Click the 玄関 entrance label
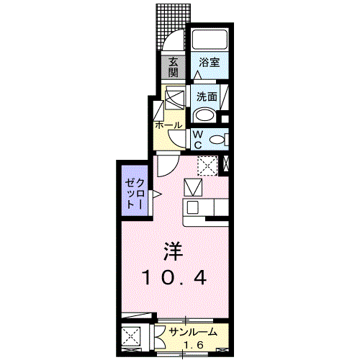(174, 67)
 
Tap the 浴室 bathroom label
(210, 62)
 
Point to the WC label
(197, 138)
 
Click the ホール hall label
(168, 125)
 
